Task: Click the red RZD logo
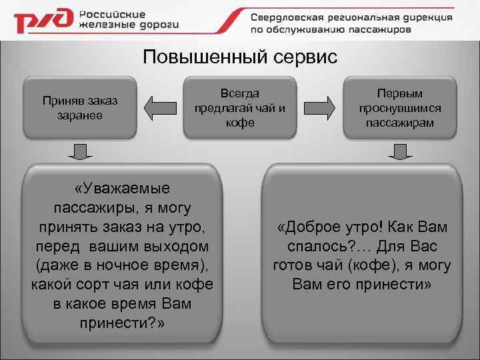[43, 21]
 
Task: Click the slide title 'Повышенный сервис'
[240, 57]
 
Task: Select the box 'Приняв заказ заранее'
[79, 107]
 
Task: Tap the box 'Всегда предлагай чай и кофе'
[239, 107]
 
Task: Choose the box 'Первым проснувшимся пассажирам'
[400, 107]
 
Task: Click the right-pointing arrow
[320, 107]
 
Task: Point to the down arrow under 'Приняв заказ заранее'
[79, 152]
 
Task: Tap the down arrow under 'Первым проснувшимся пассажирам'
[400, 152]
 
